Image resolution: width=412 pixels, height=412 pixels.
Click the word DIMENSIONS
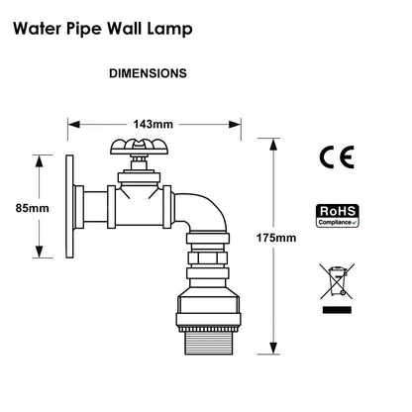(x=148, y=73)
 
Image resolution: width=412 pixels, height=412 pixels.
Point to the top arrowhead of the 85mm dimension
(x=39, y=159)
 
